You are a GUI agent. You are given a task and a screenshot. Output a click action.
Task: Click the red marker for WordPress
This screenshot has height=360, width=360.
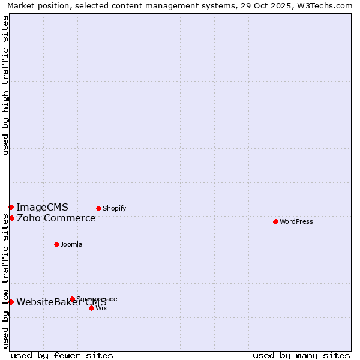point(275,221)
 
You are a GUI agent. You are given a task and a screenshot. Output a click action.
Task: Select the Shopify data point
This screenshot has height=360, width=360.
point(98,208)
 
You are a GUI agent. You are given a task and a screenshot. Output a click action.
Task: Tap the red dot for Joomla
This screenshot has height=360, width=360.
point(56,244)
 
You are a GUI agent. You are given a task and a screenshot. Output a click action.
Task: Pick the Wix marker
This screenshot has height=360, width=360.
point(91,308)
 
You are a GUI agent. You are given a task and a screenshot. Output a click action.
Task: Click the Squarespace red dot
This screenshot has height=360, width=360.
point(72,299)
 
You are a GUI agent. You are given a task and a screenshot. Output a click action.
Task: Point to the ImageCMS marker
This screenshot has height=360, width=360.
point(11,207)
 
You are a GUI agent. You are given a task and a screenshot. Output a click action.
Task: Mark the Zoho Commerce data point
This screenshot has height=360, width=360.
point(11,218)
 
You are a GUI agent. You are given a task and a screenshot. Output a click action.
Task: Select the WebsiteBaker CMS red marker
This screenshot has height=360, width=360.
point(11,302)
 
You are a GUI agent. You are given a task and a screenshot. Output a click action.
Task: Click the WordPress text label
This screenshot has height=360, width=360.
point(296,221)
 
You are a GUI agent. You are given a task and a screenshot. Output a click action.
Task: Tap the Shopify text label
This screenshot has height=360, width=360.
point(114,208)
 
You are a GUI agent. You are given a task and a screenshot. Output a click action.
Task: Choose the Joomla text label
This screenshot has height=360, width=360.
point(71,244)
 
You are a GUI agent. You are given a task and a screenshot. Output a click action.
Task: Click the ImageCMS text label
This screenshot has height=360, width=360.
point(42,207)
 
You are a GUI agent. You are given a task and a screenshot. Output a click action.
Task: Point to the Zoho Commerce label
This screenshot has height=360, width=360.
point(56,218)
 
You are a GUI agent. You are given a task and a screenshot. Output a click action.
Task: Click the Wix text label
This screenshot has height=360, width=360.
point(101,308)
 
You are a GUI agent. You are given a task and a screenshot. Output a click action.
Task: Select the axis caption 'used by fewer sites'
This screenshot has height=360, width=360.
point(62,355)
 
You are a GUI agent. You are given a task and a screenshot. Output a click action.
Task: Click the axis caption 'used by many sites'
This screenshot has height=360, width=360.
point(301,355)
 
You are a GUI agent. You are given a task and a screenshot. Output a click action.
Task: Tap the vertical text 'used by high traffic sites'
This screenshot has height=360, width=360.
point(5,85)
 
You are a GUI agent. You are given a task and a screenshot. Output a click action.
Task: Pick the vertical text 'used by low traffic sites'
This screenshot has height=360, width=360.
point(5,281)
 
